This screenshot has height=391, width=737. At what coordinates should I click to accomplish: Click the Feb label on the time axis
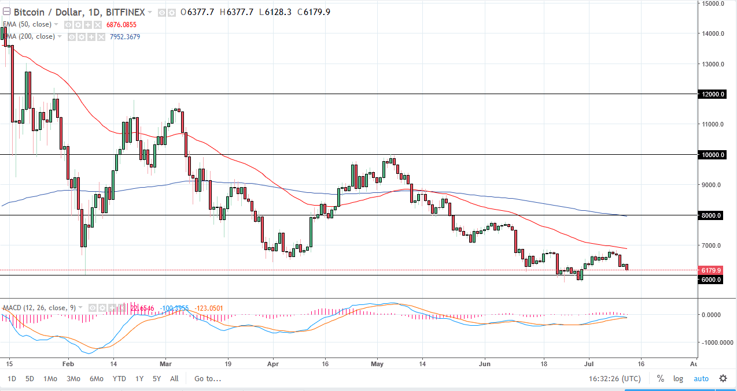tap(68, 364)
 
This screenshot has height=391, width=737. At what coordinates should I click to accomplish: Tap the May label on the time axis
tap(377, 364)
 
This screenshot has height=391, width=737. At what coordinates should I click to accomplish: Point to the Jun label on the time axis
tap(485, 364)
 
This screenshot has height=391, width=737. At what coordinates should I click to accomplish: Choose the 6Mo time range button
tap(97, 379)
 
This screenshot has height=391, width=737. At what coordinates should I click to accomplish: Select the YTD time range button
tap(119, 379)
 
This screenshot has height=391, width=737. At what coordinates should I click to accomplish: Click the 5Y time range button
tap(157, 379)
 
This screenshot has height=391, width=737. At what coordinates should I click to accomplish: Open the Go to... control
tap(208, 379)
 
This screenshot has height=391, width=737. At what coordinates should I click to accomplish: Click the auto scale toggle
tap(701, 379)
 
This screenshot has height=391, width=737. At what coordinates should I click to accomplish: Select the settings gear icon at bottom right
tap(723, 379)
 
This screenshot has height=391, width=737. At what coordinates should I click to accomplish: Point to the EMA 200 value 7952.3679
tap(121, 37)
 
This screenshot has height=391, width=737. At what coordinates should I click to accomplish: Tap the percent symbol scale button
tap(660, 379)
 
